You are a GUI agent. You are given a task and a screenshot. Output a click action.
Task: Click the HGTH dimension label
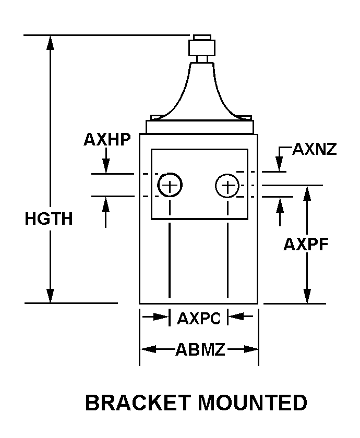pyautogui.click(x=49, y=218)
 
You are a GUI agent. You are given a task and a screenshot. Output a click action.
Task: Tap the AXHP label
pyautogui.click(x=107, y=139)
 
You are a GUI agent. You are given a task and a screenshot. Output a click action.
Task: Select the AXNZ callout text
pyautogui.click(x=315, y=149)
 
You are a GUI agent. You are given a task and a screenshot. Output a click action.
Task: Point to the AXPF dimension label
pyautogui.click(x=306, y=244)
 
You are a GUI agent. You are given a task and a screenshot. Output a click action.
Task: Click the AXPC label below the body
pyautogui.click(x=199, y=318)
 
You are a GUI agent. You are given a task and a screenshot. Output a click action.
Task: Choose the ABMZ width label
pyautogui.click(x=200, y=349)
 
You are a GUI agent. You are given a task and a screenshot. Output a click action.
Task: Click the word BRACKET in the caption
pyautogui.click(x=138, y=403)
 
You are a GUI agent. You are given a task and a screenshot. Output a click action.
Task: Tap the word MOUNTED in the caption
pyautogui.click(x=253, y=403)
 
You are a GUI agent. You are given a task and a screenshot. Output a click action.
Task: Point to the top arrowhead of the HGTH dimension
pyautogui.click(x=50, y=43)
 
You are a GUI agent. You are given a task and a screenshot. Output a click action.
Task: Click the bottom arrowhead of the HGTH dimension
pyautogui.click(x=50, y=296)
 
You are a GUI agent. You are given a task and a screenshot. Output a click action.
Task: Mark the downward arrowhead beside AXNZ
pyautogui.click(x=279, y=164)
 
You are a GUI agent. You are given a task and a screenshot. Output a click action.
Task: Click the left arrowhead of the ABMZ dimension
pyautogui.click(x=148, y=349)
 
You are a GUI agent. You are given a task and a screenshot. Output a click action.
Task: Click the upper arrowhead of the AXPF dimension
pyautogui.click(x=307, y=193)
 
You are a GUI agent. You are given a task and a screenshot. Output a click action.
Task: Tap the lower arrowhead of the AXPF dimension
pyautogui.click(x=307, y=296)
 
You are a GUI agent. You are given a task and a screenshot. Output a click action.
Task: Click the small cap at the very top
pyautogui.click(x=202, y=38)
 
